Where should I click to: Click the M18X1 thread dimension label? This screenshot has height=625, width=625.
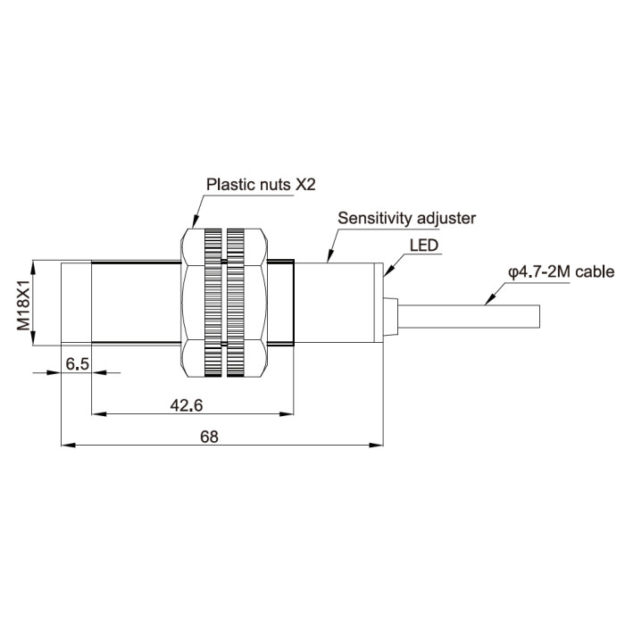pyautogui.click(x=23, y=305)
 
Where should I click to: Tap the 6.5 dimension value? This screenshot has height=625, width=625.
pyautogui.click(x=78, y=364)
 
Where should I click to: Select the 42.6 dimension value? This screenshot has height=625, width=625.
pyautogui.click(x=187, y=405)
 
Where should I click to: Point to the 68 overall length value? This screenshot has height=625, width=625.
pyautogui.click(x=209, y=437)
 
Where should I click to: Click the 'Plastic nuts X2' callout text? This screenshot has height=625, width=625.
pyautogui.click(x=261, y=185)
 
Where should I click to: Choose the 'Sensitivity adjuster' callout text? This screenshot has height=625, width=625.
pyautogui.click(x=406, y=219)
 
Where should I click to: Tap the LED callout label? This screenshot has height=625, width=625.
pyautogui.click(x=424, y=246)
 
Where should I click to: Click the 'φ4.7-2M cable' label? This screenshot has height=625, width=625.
pyautogui.click(x=562, y=272)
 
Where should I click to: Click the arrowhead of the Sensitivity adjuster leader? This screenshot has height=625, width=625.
pyautogui.click(x=329, y=256)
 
